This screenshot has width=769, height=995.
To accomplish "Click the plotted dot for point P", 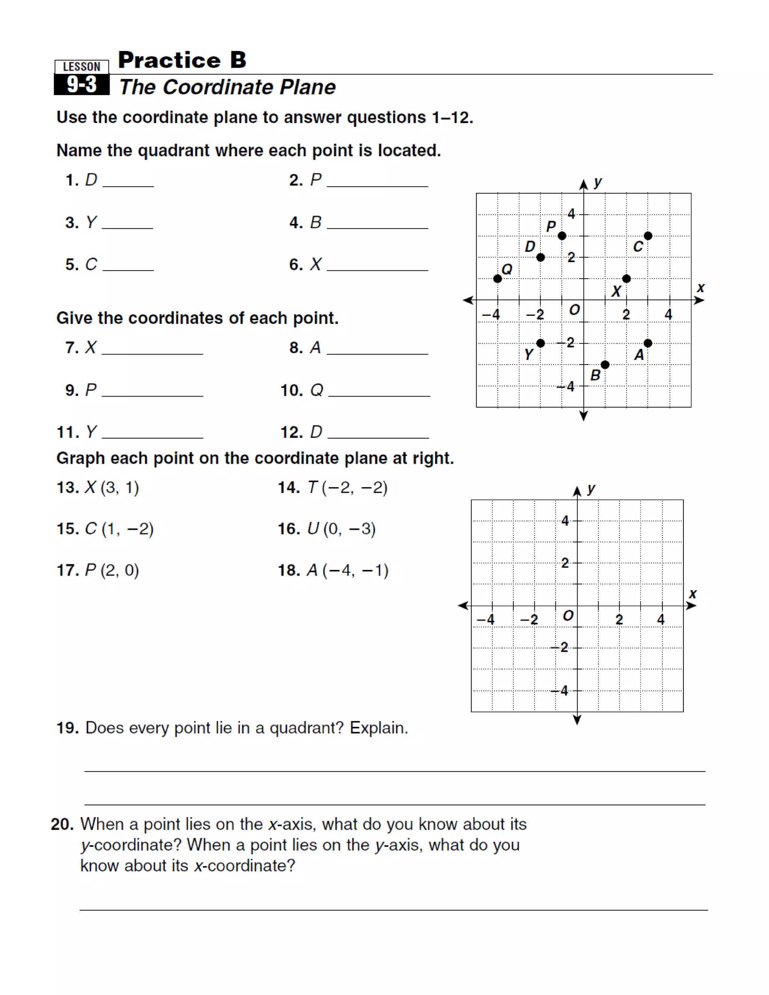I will tap(562, 235).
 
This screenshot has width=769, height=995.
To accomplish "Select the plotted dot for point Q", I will tap(498, 278).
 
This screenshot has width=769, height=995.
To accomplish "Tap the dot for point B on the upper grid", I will tap(605, 365).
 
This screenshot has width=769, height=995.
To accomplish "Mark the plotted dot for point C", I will tap(648, 235).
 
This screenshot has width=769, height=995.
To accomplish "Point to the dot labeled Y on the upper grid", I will tap(540, 343).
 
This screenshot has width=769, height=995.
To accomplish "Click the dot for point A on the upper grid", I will tap(648, 343).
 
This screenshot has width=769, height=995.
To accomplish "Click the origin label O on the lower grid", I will tap(568, 616).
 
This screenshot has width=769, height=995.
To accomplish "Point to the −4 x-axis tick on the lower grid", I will tap(486, 620).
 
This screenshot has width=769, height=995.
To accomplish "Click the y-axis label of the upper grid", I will tap(598, 182).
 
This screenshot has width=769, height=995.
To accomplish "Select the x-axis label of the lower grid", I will tap(692, 594).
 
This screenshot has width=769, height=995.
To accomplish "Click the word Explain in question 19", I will tap(378, 728).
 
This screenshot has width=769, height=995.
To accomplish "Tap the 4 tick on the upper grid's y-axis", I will tap(571, 213).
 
